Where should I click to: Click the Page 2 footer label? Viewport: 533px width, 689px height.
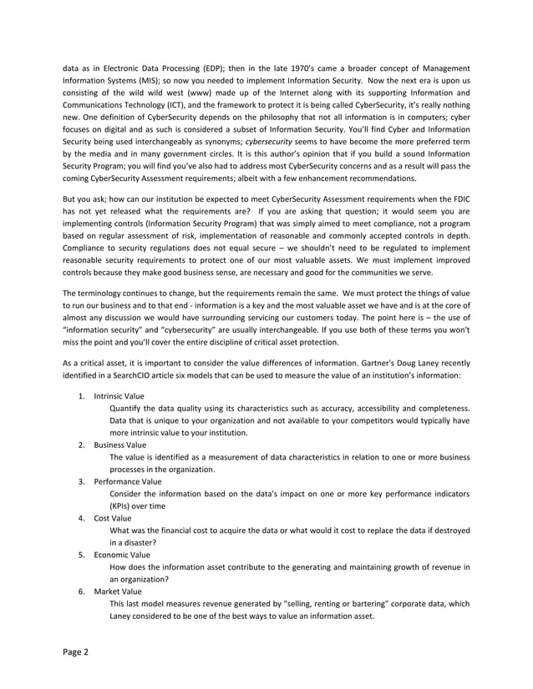76,651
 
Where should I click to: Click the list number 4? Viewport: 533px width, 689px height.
81,518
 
